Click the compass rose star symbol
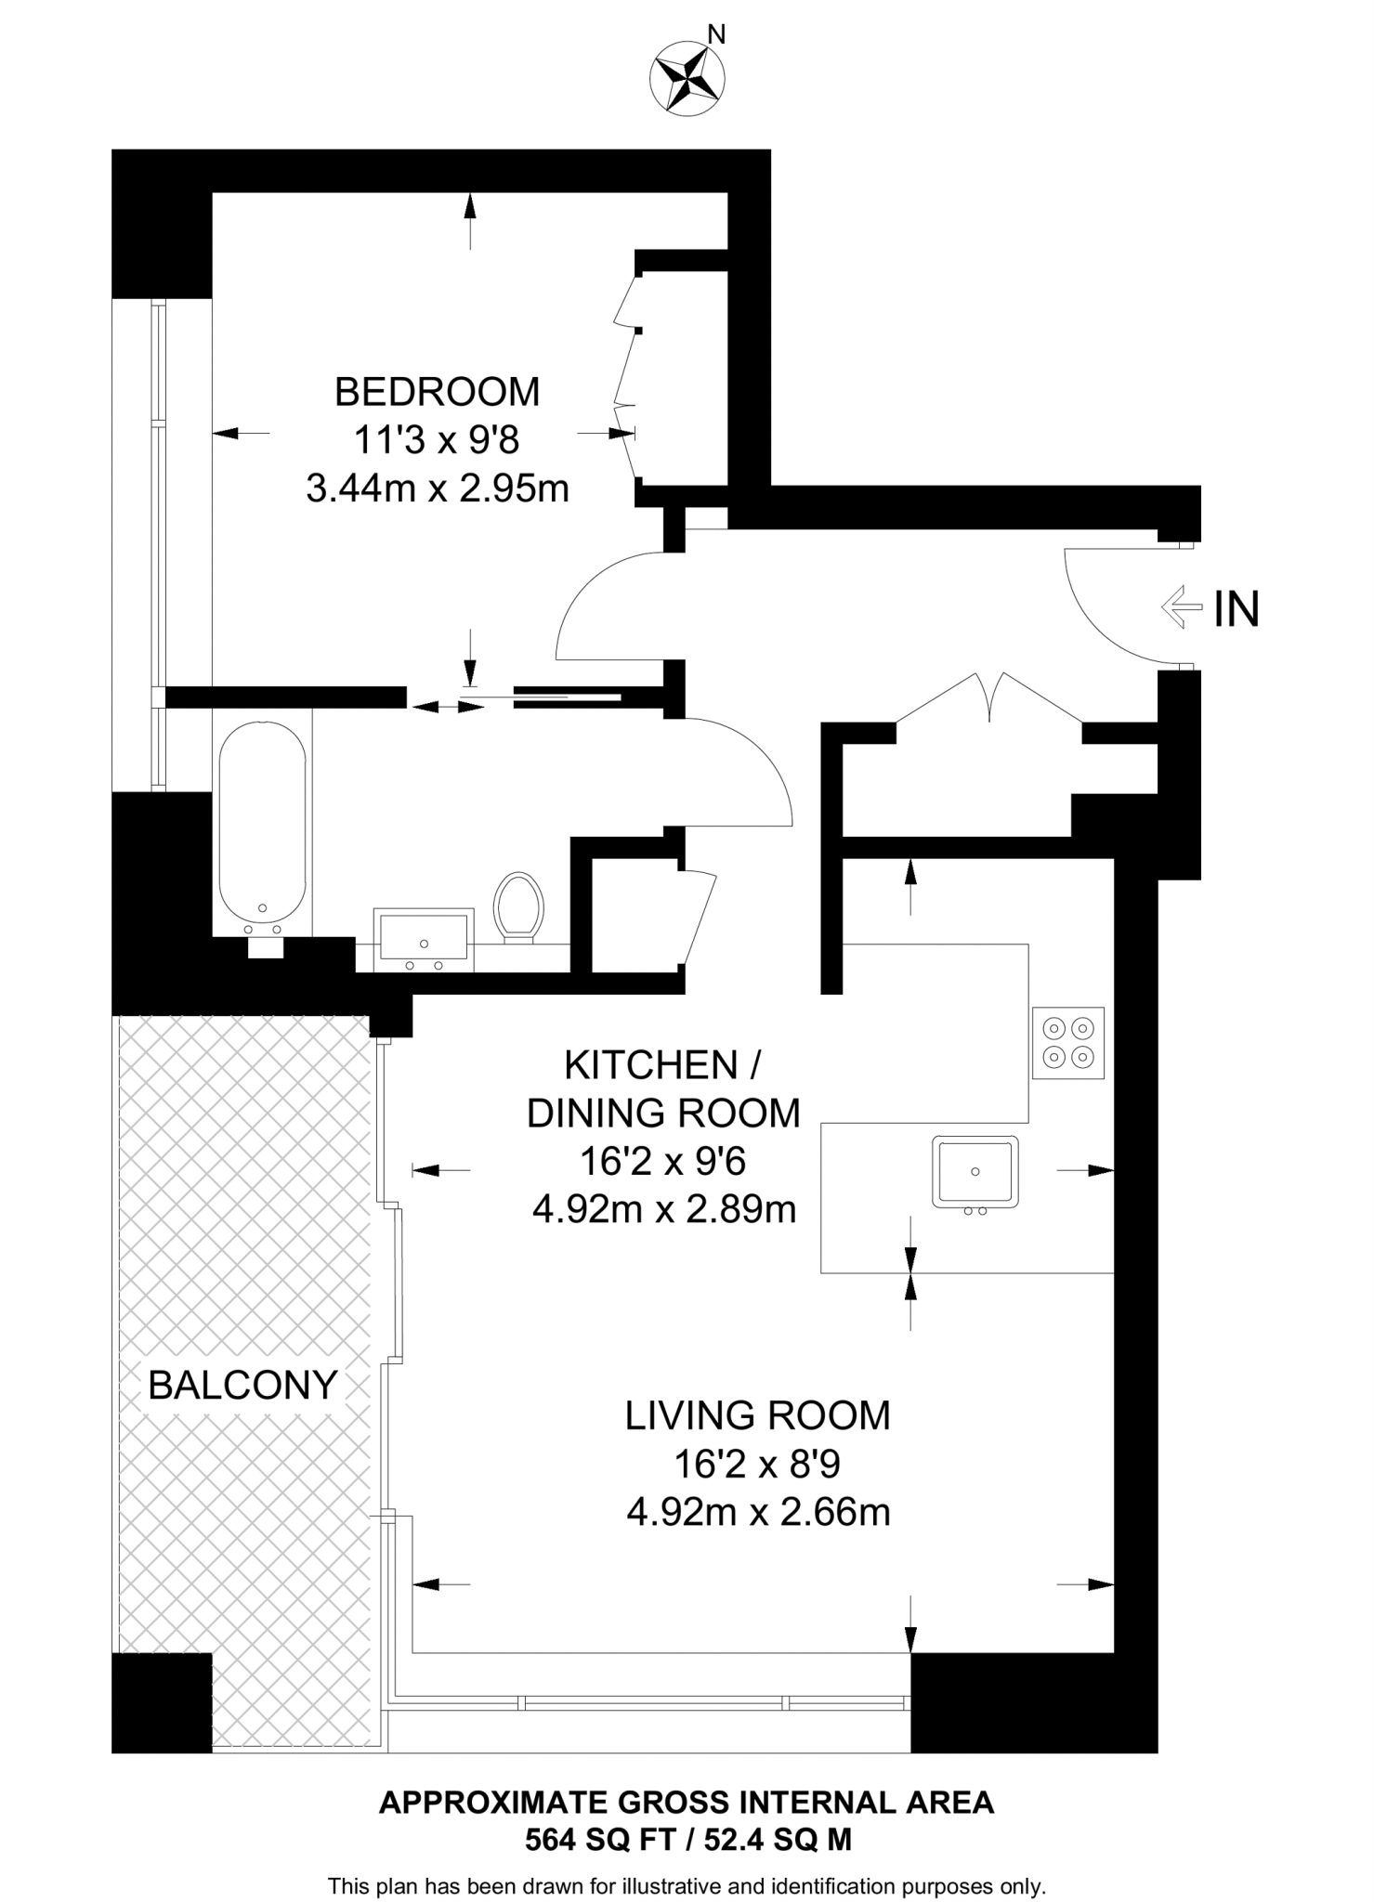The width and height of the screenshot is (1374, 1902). [x=688, y=79]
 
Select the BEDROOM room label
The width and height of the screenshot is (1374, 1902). [x=437, y=392]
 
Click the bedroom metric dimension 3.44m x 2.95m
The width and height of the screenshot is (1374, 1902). [x=438, y=489]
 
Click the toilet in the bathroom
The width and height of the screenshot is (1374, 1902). [x=518, y=907]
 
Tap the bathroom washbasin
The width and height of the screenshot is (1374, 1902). [x=425, y=940]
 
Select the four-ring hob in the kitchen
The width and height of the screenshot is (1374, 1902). [x=1068, y=1042]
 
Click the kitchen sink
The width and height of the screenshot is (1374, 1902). [x=975, y=1173]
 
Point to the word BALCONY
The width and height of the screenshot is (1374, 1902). [x=242, y=1386]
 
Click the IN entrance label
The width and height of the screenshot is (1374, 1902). [x=1237, y=609]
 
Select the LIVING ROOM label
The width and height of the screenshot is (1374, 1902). [x=758, y=1415]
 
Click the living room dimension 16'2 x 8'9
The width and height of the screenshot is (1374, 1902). [x=757, y=1465]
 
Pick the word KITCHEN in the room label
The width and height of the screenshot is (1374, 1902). [x=651, y=1065]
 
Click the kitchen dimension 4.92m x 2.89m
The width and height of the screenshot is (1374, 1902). [x=664, y=1210]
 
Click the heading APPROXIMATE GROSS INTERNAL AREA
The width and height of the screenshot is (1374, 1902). [x=687, y=1803]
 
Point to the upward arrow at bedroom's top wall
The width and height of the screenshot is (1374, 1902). [x=470, y=221]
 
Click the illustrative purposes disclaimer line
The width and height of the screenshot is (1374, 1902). [x=687, y=1879]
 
